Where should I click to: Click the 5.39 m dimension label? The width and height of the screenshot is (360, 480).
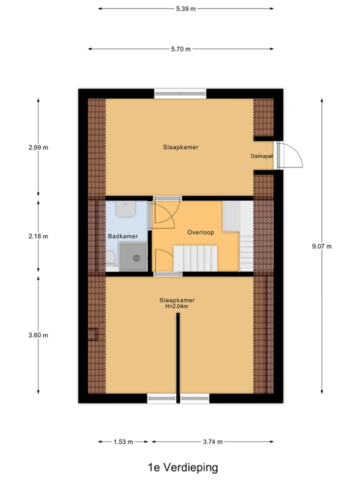(185, 8)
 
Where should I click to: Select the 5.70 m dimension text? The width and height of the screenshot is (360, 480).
(180, 49)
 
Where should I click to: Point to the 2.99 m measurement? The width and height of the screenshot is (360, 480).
(38, 147)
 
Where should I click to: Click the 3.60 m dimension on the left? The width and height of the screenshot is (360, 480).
(38, 335)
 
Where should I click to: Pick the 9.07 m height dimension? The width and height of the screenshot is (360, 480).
(321, 246)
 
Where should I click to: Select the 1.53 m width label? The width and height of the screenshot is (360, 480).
(123, 441)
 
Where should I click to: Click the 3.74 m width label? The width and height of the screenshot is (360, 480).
(212, 441)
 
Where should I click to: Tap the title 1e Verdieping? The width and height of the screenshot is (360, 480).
(183, 467)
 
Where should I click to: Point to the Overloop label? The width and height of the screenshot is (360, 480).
(200, 232)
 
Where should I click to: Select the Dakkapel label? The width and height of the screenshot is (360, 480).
(261, 156)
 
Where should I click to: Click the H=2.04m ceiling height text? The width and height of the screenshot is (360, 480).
(176, 306)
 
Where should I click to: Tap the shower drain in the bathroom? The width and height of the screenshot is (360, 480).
(136, 258)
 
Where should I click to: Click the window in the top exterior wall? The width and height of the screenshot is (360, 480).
(180, 93)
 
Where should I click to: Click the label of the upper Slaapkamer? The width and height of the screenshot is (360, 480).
(180, 147)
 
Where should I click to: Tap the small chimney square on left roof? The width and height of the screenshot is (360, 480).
(92, 334)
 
